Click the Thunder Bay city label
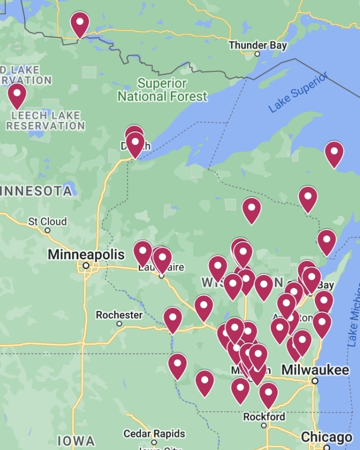tap(257, 45)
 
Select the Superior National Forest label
tap(162, 90)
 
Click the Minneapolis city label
tap(86, 254)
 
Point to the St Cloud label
tap(47, 221)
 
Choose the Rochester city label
tap(119, 315)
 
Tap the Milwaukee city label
tap(315, 370)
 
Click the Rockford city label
tap(264, 416)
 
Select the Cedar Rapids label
tap(154, 433)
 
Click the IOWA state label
tap(76, 441)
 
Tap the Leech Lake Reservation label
tap(45, 120)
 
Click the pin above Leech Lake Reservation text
tap(17, 94)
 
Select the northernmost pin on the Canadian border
tap(79, 23)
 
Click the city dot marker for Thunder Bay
tap(257, 54)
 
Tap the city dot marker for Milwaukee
tap(314, 381)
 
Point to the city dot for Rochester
tap(119, 324)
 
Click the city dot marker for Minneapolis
tap(86, 265)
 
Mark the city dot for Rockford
tap(264, 425)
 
